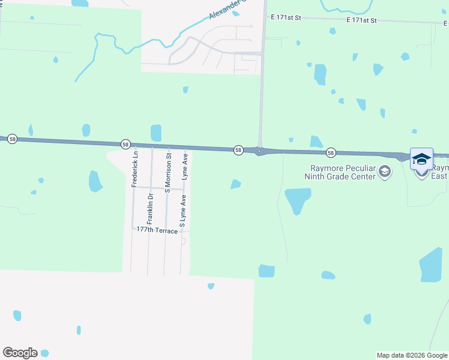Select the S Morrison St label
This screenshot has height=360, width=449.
pyautogui.click(x=169, y=173)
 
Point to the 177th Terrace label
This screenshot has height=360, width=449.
pyautogui.click(x=157, y=230)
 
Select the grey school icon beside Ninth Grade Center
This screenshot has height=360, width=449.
pyautogui.click(x=384, y=173)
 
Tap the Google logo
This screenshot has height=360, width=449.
pyautogui.click(x=20, y=353)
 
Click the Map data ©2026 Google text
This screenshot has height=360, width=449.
pyautogui.click(x=412, y=355)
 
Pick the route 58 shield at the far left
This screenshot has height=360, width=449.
pyautogui.click(x=13, y=139)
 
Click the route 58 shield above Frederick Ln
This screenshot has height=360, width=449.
pyautogui.click(x=125, y=145)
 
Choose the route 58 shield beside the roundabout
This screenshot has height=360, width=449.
pyautogui.click(x=238, y=150)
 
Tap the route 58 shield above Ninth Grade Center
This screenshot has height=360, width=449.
pyautogui.click(x=330, y=153)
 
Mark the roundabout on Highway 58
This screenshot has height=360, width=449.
pyautogui.click(x=259, y=151)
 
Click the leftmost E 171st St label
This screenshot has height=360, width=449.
pyautogui.click(x=286, y=18)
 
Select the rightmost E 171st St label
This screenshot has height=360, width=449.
pyautogui.click(x=361, y=20)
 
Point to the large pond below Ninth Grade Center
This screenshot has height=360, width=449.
pyautogui.click(x=298, y=200)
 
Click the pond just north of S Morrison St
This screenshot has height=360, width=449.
pyautogui.click(x=156, y=133)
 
